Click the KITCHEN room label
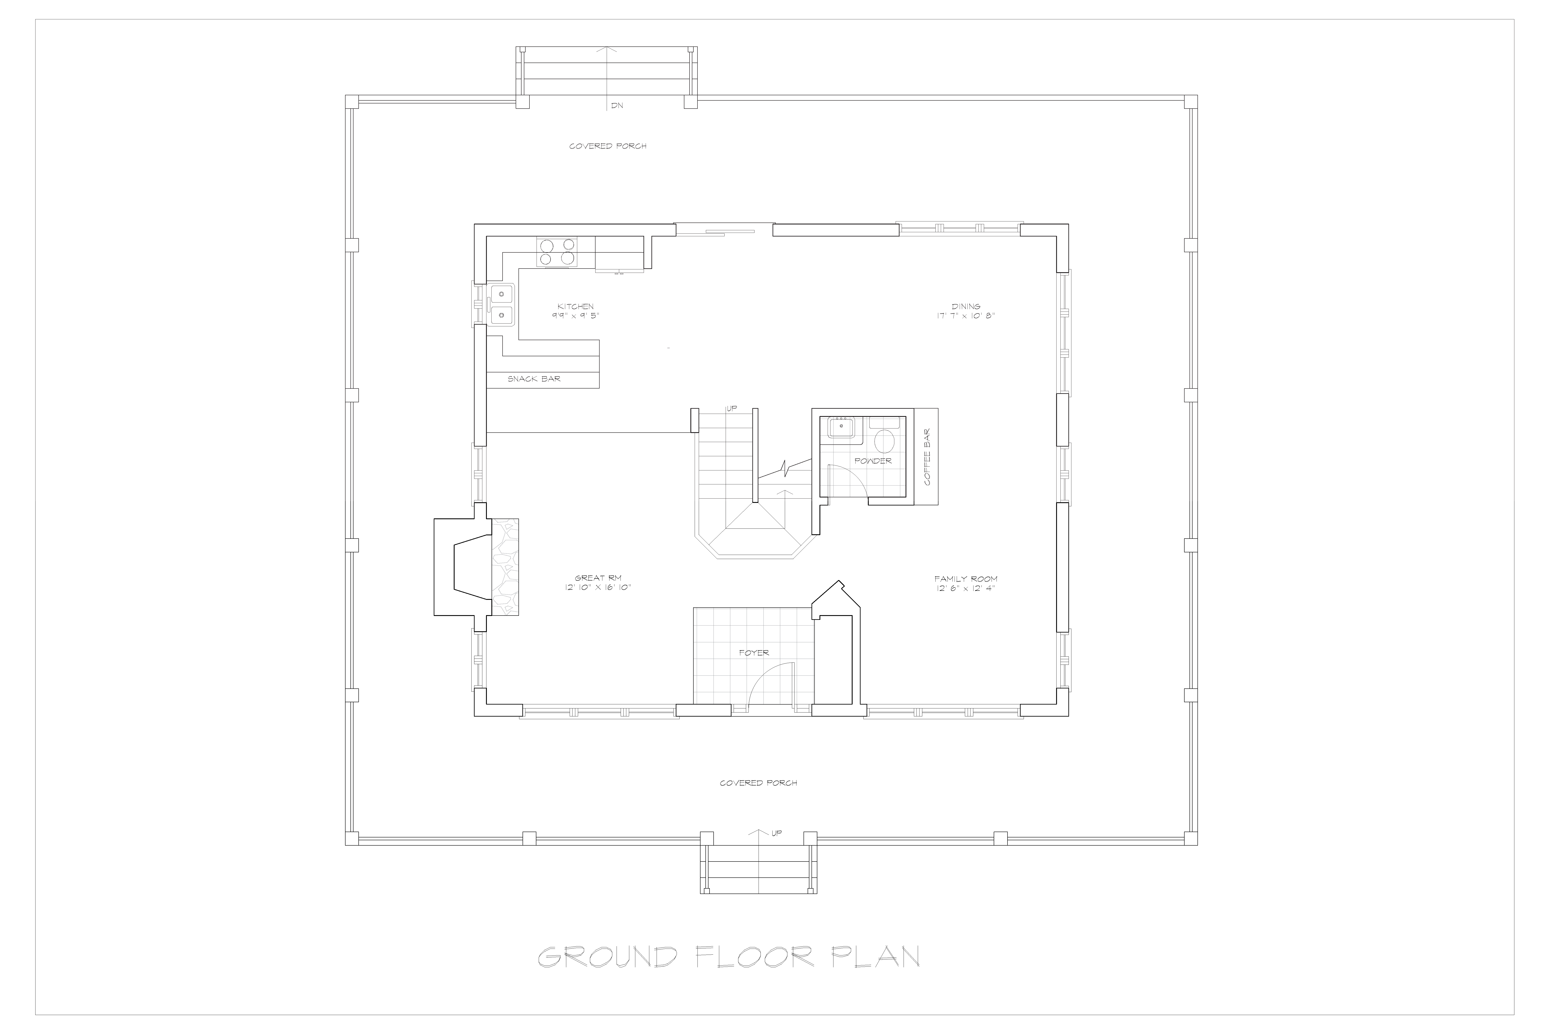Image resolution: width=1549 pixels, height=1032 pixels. [x=576, y=306]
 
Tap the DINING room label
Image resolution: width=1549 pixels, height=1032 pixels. [x=966, y=306]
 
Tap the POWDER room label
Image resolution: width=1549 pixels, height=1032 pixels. [x=873, y=461]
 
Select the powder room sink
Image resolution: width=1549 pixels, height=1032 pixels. [x=841, y=428]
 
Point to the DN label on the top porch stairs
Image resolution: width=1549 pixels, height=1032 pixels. [x=616, y=105]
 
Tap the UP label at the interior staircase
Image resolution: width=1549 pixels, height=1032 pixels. [x=732, y=409]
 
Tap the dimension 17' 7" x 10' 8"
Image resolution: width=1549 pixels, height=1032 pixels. [x=966, y=316]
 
